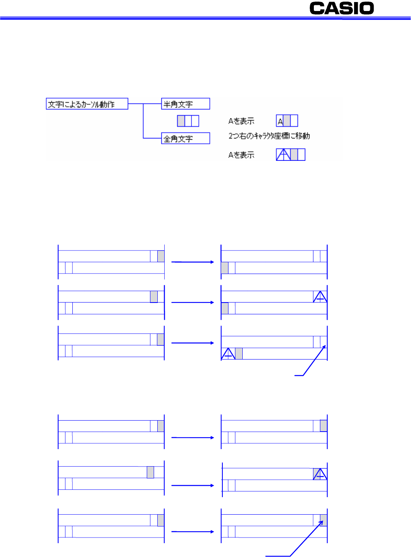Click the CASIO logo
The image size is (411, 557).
(341, 8)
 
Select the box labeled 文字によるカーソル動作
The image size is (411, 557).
(87, 104)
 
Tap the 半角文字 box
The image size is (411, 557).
(185, 104)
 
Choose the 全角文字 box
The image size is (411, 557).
(185, 138)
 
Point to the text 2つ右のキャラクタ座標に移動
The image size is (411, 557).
(269, 136)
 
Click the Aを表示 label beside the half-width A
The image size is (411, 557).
(241, 121)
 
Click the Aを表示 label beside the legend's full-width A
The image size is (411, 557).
(241, 155)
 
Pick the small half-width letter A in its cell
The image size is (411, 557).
(280, 122)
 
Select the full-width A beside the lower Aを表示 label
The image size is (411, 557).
(283, 154)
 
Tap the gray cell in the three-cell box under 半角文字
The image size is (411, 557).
(181, 121)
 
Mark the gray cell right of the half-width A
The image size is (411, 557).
(287, 121)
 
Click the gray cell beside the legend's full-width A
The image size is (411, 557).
(294, 154)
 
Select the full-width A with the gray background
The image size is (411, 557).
(320, 474)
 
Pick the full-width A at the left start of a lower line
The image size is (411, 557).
(228, 353)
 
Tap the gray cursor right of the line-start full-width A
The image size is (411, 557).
(239, 353)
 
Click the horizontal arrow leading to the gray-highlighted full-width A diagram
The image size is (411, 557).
(193, 485)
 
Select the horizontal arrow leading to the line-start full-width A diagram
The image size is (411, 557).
(193, 343)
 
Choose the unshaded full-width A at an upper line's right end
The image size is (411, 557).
(320, 296)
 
